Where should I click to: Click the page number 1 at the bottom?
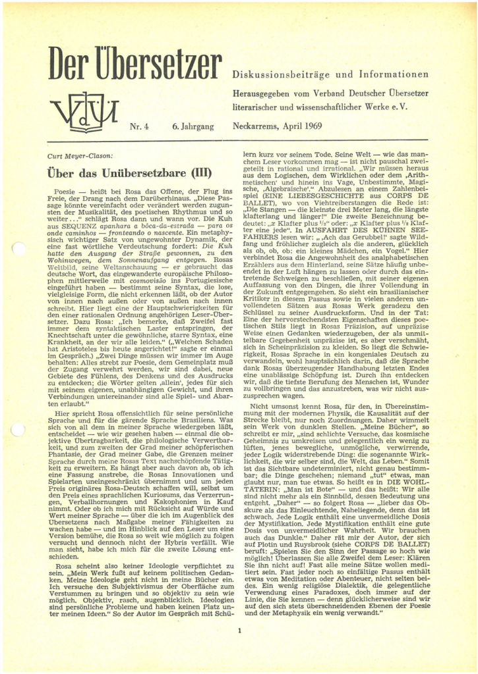point(239,631)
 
